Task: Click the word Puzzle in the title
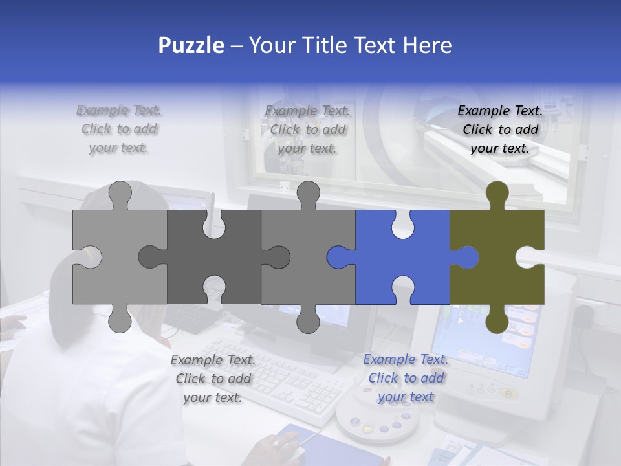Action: (191, 45)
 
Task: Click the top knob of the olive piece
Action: (497, 194)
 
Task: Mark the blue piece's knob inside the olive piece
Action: (467, 258)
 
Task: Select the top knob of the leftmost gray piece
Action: (120, 194)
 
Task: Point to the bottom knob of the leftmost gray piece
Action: (120, 319)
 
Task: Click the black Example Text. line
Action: (500, 111)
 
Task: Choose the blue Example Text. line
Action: (406, 359)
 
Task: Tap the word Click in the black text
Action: (477, 129)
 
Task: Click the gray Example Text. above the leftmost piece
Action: (119, 111)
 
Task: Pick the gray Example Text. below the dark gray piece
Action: (213, 360)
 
